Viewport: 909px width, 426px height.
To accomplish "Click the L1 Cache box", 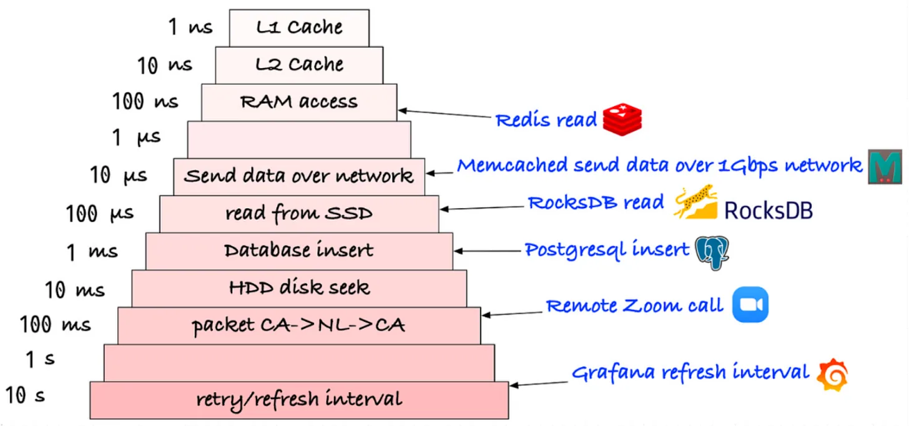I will pyautogui.click(x=299, y=27).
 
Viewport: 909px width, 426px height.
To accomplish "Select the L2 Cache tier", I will pyautogui.click(x=299, y=64).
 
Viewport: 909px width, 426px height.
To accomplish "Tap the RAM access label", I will pyautogui.click(x=299, y=102).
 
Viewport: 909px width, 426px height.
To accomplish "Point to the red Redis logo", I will pyautogui.click(x=622, y=119).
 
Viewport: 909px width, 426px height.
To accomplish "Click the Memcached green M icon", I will pyautogui.click(x=885, y=167).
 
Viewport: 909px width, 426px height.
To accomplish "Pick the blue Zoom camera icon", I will pyautogui.click(x=750, y=305).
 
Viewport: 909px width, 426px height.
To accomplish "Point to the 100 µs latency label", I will pyautogui.click(x=100, y=214).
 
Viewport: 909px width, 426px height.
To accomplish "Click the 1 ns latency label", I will pyautogui.click(x=190, y=27).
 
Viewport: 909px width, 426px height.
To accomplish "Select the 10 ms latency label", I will pyautogui.click(x=74, y=290).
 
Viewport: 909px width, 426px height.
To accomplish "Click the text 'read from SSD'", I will pyautogui.click(x=299, y=214).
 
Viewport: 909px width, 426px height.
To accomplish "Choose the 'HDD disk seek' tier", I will pyautogui.click(x=299, y=288).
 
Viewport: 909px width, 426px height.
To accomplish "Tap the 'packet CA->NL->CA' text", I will pyautogui.click(x=299, y=325).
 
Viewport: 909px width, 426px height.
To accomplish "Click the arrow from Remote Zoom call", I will pyautogui.click(x=512, y=312).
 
